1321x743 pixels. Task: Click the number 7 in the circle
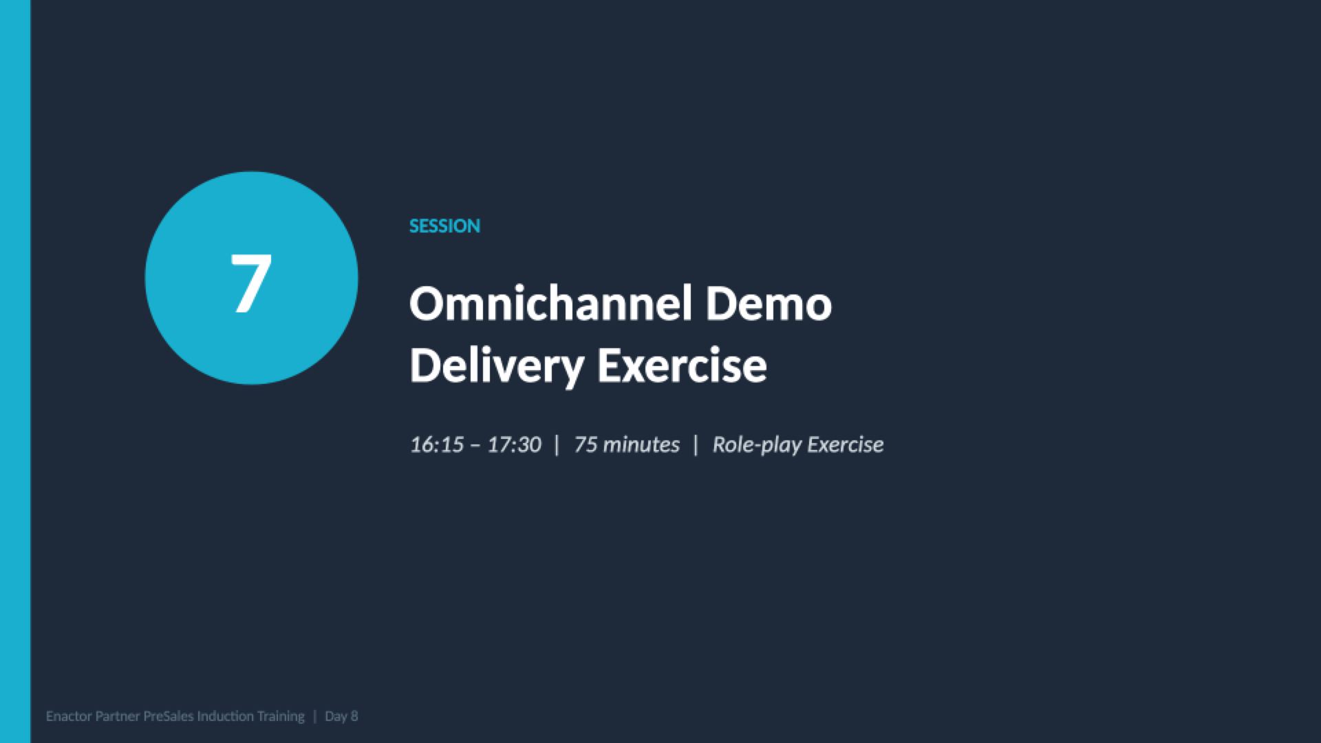(x=251, y=282)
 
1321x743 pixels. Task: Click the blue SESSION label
(x=444, y=226)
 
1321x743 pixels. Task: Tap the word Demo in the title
(x=768, y=303)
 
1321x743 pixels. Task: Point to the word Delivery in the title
(x=496, y=365)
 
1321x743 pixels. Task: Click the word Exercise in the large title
(x=681, y=365)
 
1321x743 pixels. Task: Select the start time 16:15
(x=437, y=445)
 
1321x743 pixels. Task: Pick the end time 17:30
(x=514, y=445)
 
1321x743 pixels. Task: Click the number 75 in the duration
(x=585, y=445)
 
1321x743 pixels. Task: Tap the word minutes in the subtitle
(x=641, y=445)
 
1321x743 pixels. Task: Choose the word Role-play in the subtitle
(x=757, y=445)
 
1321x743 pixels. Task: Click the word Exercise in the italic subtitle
(x=845, y=445)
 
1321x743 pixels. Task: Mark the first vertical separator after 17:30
(x=557, y=445)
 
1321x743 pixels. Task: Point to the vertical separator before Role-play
(x=696, y=445)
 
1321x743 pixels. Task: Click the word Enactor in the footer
(x=69, y=716)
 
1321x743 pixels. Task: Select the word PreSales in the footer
(x=169, y=716)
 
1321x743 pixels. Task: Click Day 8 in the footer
(x=341, y=716)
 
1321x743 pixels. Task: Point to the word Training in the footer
(x=281, y=716)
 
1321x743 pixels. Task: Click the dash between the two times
(x=475, y=446)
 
